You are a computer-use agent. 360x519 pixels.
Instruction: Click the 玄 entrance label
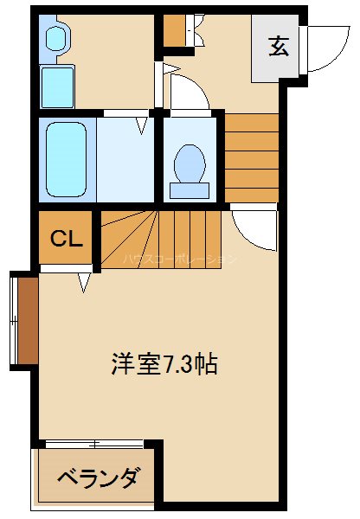point(278,47)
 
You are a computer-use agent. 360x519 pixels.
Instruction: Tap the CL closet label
point(66,239)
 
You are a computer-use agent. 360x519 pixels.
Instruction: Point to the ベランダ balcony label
point(98,477)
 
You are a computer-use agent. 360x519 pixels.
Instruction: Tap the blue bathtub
point(66,158)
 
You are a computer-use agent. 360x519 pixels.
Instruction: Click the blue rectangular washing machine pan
point(58,86)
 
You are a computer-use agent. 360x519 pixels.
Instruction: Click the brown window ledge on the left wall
point(27,319)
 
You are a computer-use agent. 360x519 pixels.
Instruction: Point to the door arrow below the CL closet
point(85,281)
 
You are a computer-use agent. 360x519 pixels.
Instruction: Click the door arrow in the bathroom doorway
point(143,126)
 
